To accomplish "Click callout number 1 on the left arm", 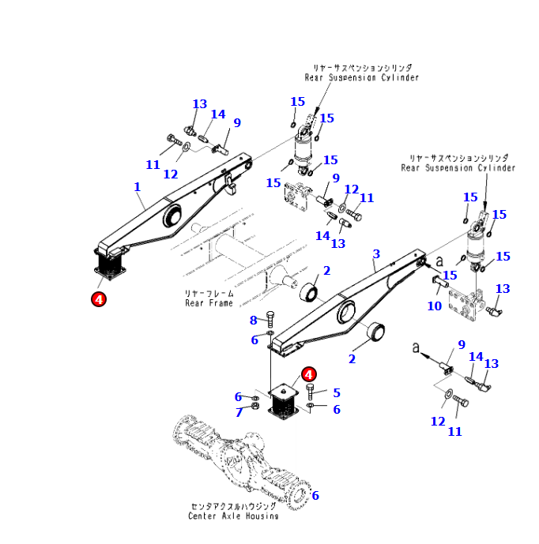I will pyautogui.click(x=137, y=187).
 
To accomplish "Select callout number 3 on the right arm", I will pyautogui.click(x=376, y=253).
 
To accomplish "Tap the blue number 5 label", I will pyautogui.click(x=336, y=392).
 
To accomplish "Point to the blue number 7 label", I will pyautogui.click(x=238, y=412).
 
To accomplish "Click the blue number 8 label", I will pyautogui.click(x=254, y=320).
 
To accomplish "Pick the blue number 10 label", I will pyautogui.click(x=435, y=306).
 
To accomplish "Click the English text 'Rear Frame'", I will pyautogui.click(x=209, y=302).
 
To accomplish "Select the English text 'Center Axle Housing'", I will pyautogui.click(x=232, y=516).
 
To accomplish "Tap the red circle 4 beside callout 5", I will pyautogui.click(x=308, y=374).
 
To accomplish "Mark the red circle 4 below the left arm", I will pyautogui.click(x=99, y=298).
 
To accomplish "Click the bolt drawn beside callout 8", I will pyautogui.click(x=270, y=321).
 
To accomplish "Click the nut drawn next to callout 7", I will pyautogui.click(x=255, y=407).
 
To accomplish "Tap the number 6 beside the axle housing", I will pyautogui.click(x=315, y=496).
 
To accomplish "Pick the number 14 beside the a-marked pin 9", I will pyautogui.click(x=475, y=357).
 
